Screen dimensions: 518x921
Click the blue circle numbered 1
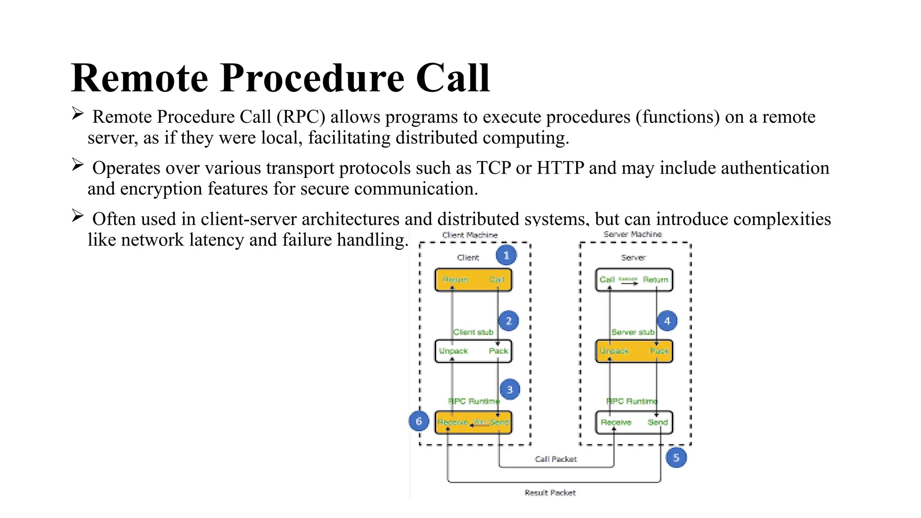tap(506, 255)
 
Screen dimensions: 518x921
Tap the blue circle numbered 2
tap(509, 321)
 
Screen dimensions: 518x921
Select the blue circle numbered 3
tap(510, 389)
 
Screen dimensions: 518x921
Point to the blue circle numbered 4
tap(667, 321)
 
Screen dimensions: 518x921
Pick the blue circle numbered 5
tap(676, 458)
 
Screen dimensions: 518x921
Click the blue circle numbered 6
tap(419, 421)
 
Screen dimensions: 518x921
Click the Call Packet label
tap(556, 459)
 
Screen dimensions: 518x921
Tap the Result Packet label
tap(550, 493)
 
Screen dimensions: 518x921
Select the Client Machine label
tap(470, 235)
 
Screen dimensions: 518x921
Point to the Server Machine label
tap(633, 234)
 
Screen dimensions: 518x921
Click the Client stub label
tap(473, 332)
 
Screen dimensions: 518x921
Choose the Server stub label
tap(633, 332)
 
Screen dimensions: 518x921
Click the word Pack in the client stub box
tap(498, 351)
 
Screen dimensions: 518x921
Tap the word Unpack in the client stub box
tap(453, 351)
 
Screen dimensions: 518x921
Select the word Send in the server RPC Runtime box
tap(657, 422)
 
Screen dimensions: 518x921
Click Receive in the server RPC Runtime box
tap(616, 422)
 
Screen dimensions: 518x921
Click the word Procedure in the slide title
tap(312, 78)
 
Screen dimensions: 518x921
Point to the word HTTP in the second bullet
tap(560, 168)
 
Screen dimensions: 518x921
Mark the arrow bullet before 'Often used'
tap(78, 216)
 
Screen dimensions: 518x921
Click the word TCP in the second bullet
tap(493, 168)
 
